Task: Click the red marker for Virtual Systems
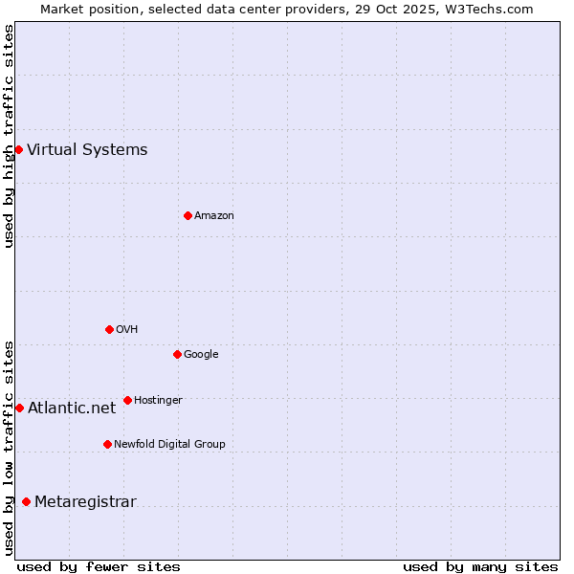(18, 149)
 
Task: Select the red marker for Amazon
(188, 215)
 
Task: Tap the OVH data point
(109, 329)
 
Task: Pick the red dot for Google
(177, 354)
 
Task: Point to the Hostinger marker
(127, 400)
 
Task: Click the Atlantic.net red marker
(19, 408)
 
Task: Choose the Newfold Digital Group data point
(107, 444)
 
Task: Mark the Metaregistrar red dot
(26, 501)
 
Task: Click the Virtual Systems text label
(87, 149)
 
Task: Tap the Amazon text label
(214, 215)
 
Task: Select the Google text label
(201, 354)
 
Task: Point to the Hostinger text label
(158, 400)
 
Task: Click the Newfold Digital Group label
(169, 444)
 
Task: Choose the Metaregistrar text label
(85, 501)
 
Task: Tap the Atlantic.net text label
(72, 408)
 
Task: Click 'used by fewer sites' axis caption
(99, 566)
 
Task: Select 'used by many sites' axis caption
(480, 566)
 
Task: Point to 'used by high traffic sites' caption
(9, 136)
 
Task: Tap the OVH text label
(127, 329)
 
